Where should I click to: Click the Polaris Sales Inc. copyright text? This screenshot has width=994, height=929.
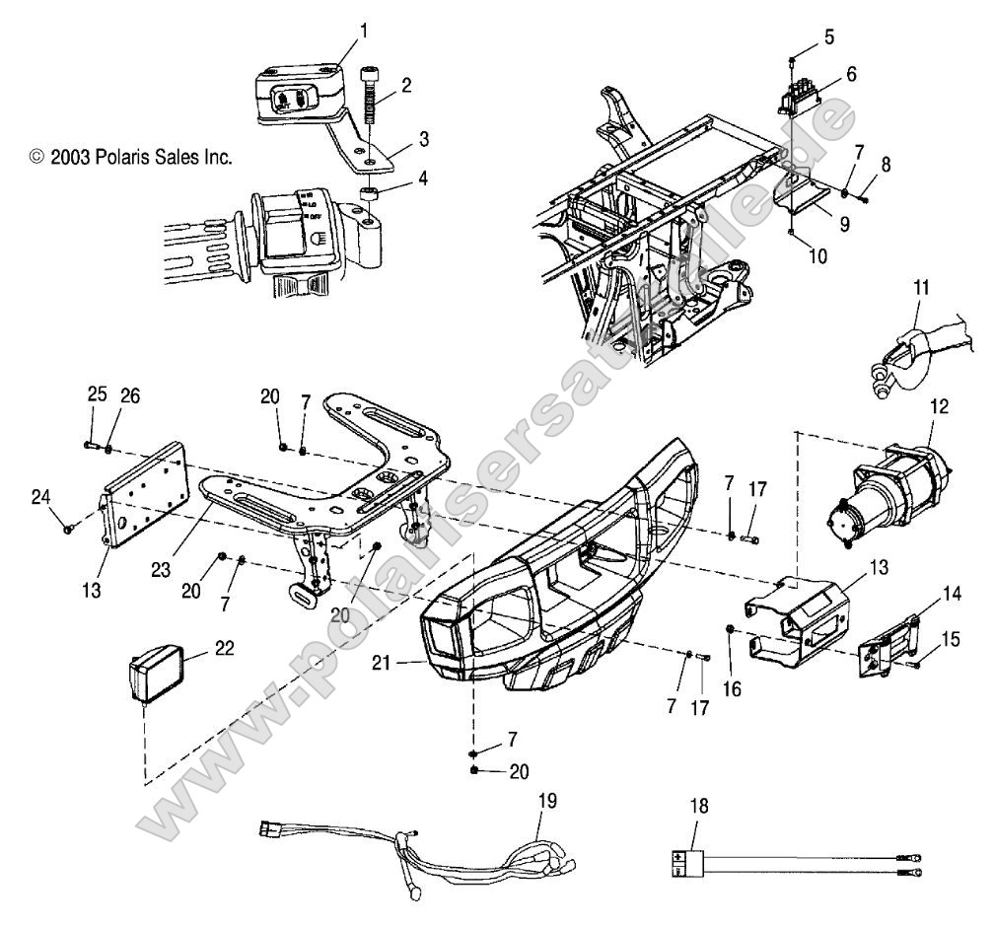(x=131, y=156)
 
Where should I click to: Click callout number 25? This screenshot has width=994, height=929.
(x=97, y=393)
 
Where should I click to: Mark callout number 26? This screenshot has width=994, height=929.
(x=129, y=395)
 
